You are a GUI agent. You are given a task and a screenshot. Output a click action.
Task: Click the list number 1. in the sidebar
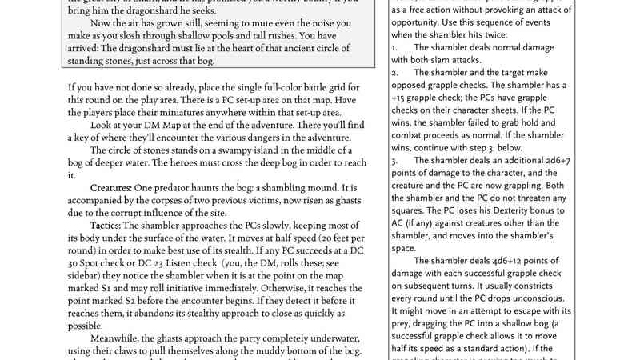395,47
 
